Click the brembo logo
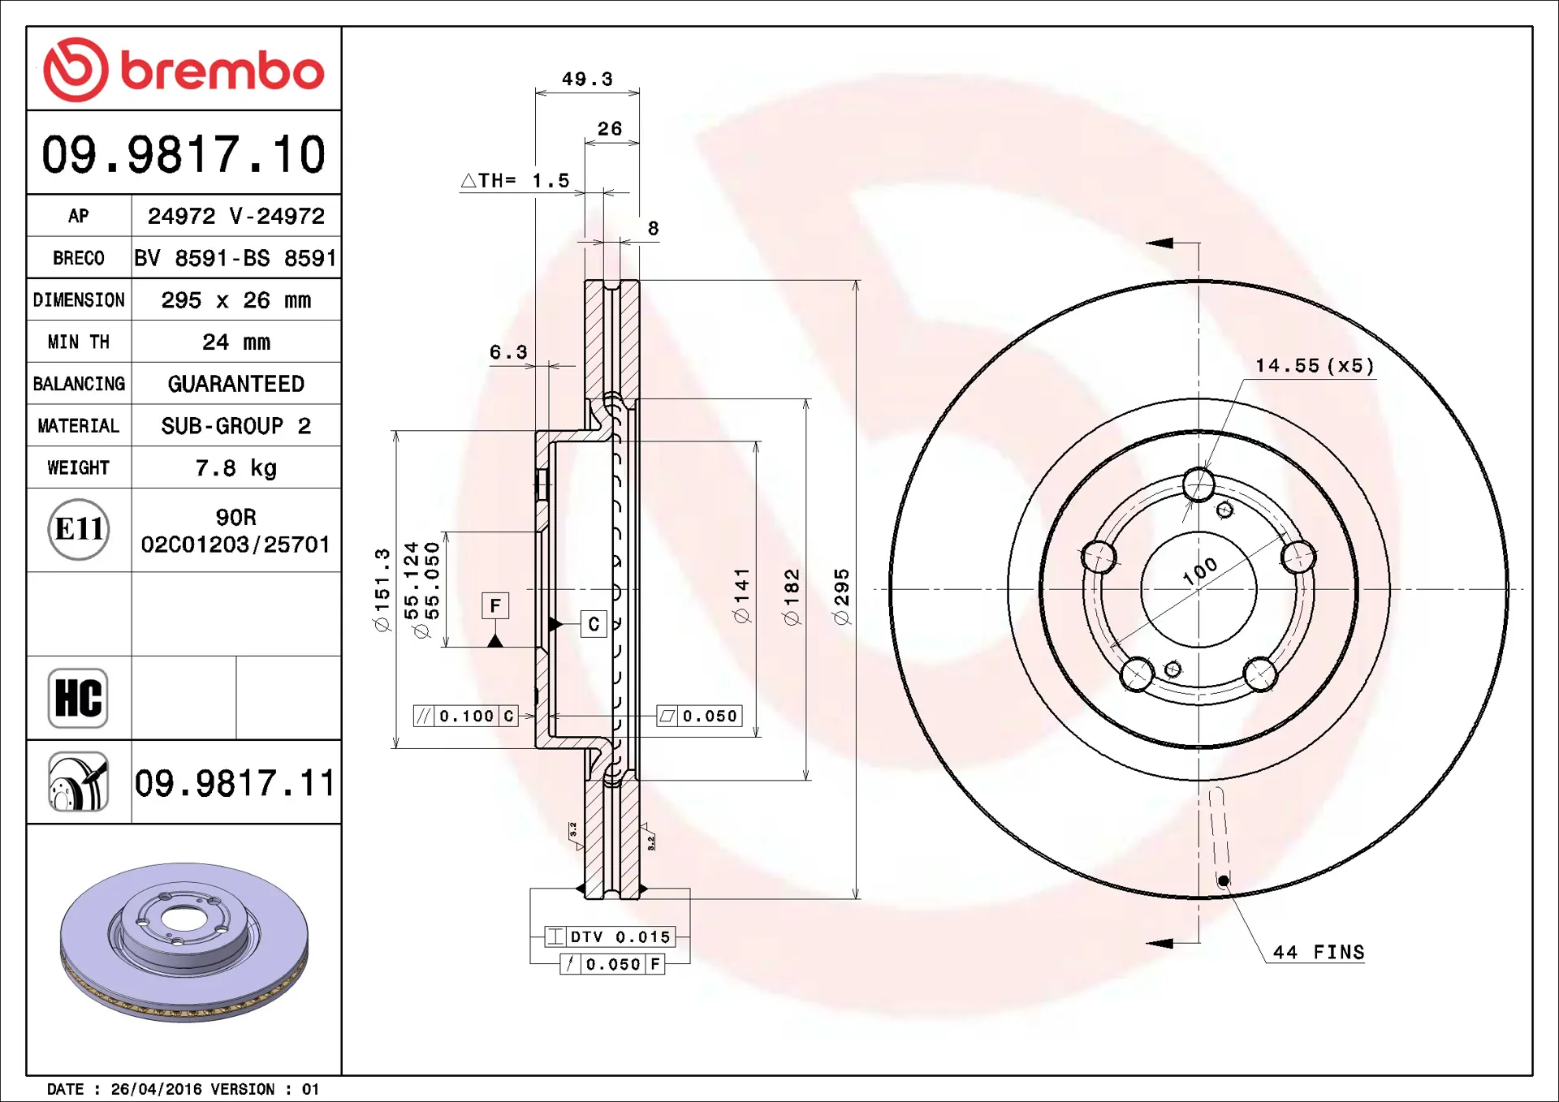click(x=184, y=70)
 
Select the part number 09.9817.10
click(x=184, y=154)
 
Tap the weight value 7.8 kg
click(x=235, y=468)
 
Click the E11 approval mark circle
click(x=79, y=529)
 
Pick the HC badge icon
click(x=78, y=698)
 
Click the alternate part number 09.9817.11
click(x=235, y=783)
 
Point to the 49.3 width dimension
click(x=587, y=79)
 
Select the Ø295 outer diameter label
click(x=841, y=596)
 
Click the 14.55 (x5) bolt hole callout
click(x=1315, y=366)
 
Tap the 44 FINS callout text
click(x=1319, y=952)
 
